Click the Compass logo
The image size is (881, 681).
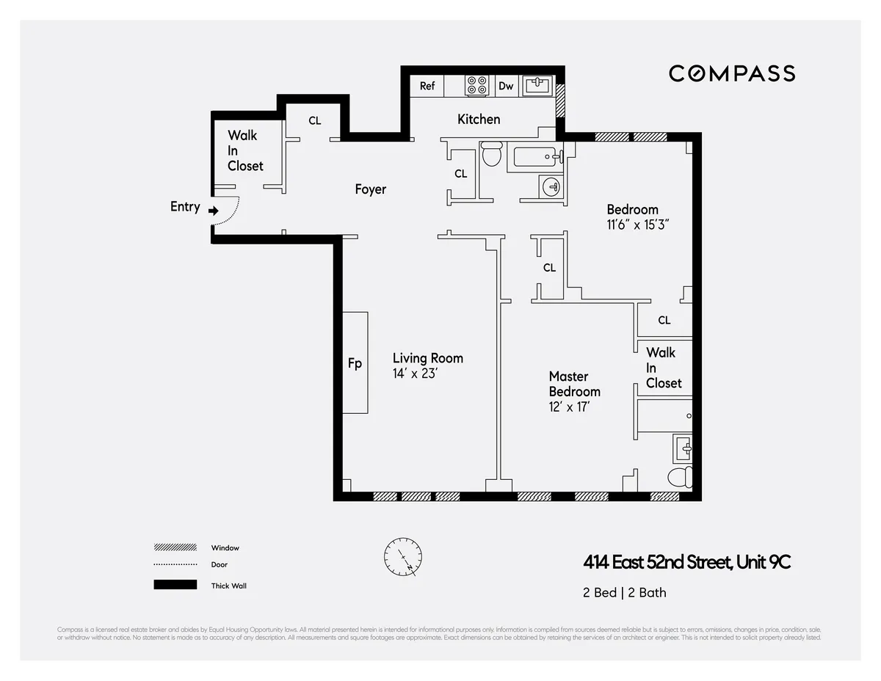[731, 73]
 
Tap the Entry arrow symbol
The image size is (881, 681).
[213, 211]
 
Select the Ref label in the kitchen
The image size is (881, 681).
[427, 86]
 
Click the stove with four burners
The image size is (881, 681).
[477, 86]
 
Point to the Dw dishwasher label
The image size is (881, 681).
[506, 86]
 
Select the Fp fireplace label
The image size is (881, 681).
[355, 363]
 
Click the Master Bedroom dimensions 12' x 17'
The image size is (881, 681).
[570, 406]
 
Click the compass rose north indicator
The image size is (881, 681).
[402, 557]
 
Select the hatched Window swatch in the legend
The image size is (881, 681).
[175, 547]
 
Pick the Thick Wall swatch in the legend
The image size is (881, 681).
[175, 585]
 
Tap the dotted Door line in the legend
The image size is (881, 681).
[175, 564]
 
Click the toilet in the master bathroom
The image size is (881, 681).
[680, 478]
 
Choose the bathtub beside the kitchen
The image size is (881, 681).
[536, 156]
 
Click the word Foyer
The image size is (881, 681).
[370, 189]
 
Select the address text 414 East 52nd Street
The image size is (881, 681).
[656, 563]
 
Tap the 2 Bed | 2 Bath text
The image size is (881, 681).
[625, 592]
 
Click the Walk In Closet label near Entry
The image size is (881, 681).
[244, 150]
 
